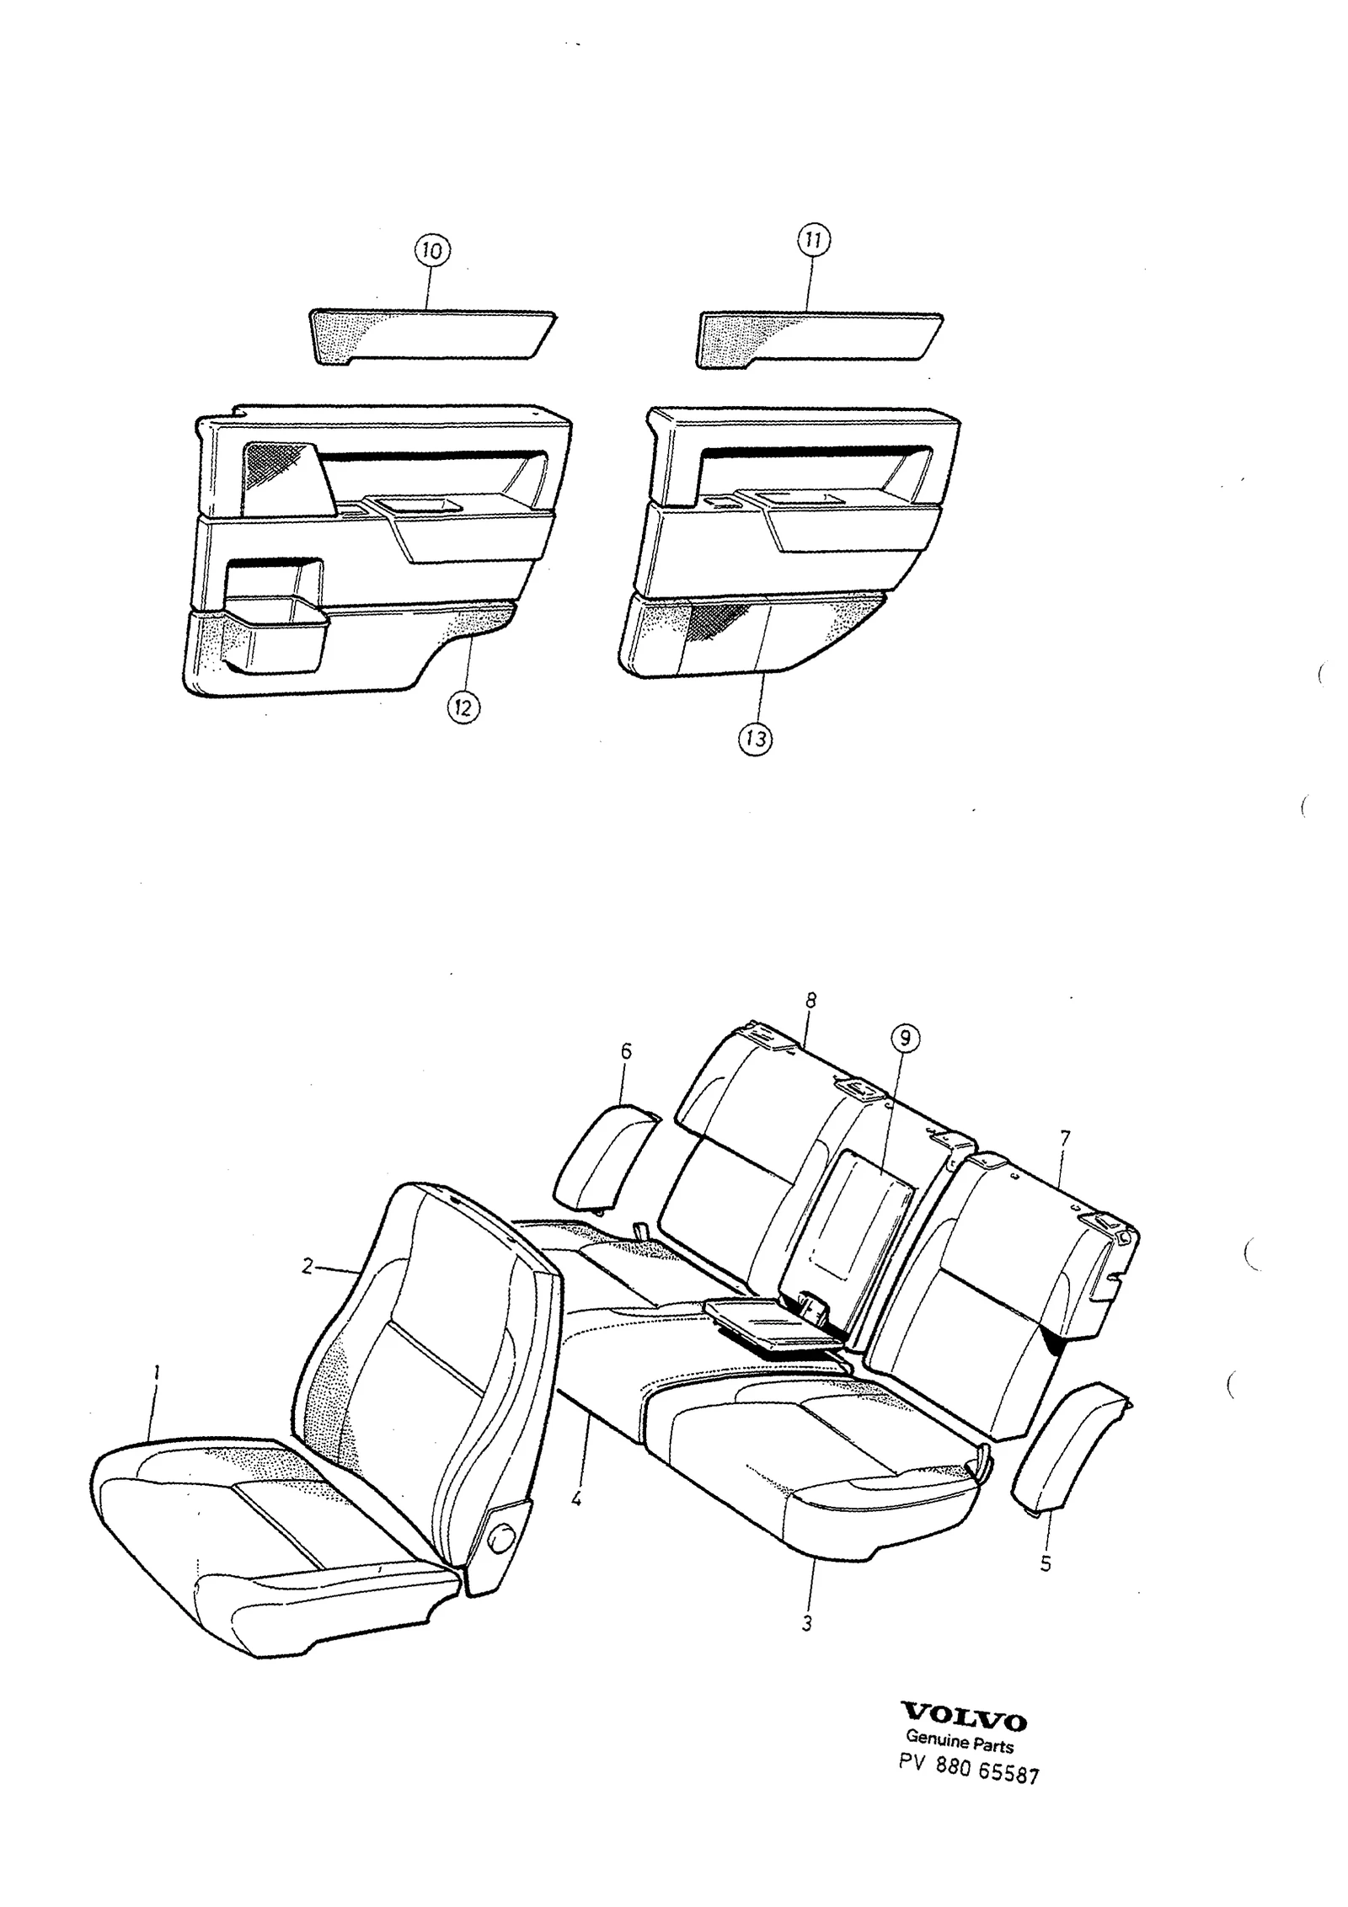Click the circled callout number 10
(x=431, y=250)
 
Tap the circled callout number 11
(x=812, y=241)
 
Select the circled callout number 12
(x=463, y=707)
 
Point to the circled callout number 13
(x=755, y=739)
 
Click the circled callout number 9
(x=904, y=1038)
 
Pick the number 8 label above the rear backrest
(x=810, y=1001)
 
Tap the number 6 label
(x=625, y=1052)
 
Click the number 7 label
(x=1064, y=1139)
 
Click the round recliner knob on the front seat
(x=501, y=1539)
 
